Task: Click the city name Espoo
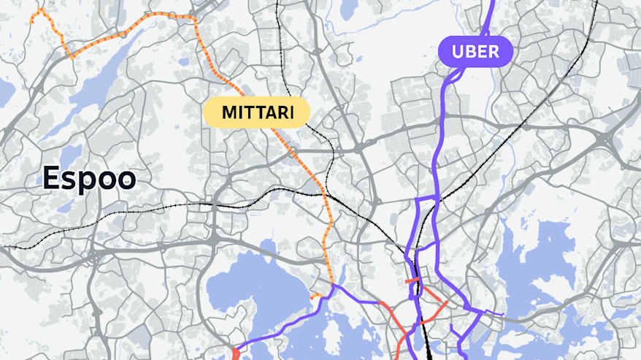coord(89,178)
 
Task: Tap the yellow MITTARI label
coord(256,112)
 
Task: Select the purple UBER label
coord(475,52)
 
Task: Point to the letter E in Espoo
coord(51,178)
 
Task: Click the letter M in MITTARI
coord(229,112)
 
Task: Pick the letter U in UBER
coord(458,52)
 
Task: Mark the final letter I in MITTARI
coord(291,112)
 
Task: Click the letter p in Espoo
coord(87,180)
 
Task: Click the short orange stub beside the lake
coord(315,296)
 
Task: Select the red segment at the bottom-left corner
coord(235,353)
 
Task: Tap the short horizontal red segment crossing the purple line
coord(412,280)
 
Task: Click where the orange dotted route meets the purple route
coord(334,285)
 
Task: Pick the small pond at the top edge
coord(350,7)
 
